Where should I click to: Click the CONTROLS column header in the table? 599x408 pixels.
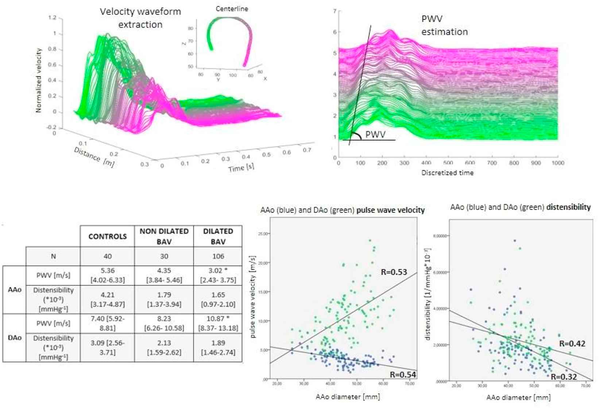107,236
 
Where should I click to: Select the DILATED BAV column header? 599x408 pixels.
218,236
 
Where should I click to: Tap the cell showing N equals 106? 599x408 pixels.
218,256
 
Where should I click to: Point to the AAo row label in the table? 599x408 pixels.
15,290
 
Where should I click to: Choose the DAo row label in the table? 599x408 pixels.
15,338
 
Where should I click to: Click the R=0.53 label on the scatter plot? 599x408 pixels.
394,272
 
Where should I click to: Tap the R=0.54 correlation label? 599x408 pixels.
403,374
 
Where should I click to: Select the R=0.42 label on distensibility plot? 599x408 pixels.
572,343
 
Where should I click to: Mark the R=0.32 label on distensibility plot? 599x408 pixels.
564,377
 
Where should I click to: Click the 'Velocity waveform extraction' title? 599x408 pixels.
140,18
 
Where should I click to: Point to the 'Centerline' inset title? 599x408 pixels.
232,9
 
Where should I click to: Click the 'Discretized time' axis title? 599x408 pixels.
447,173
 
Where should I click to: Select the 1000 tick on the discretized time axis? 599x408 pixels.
557,163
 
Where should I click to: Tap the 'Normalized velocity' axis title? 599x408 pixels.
39,80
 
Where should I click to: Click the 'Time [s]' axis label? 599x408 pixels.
241,167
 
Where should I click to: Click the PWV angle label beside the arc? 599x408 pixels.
375,135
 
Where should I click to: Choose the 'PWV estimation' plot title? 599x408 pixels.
444,25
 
